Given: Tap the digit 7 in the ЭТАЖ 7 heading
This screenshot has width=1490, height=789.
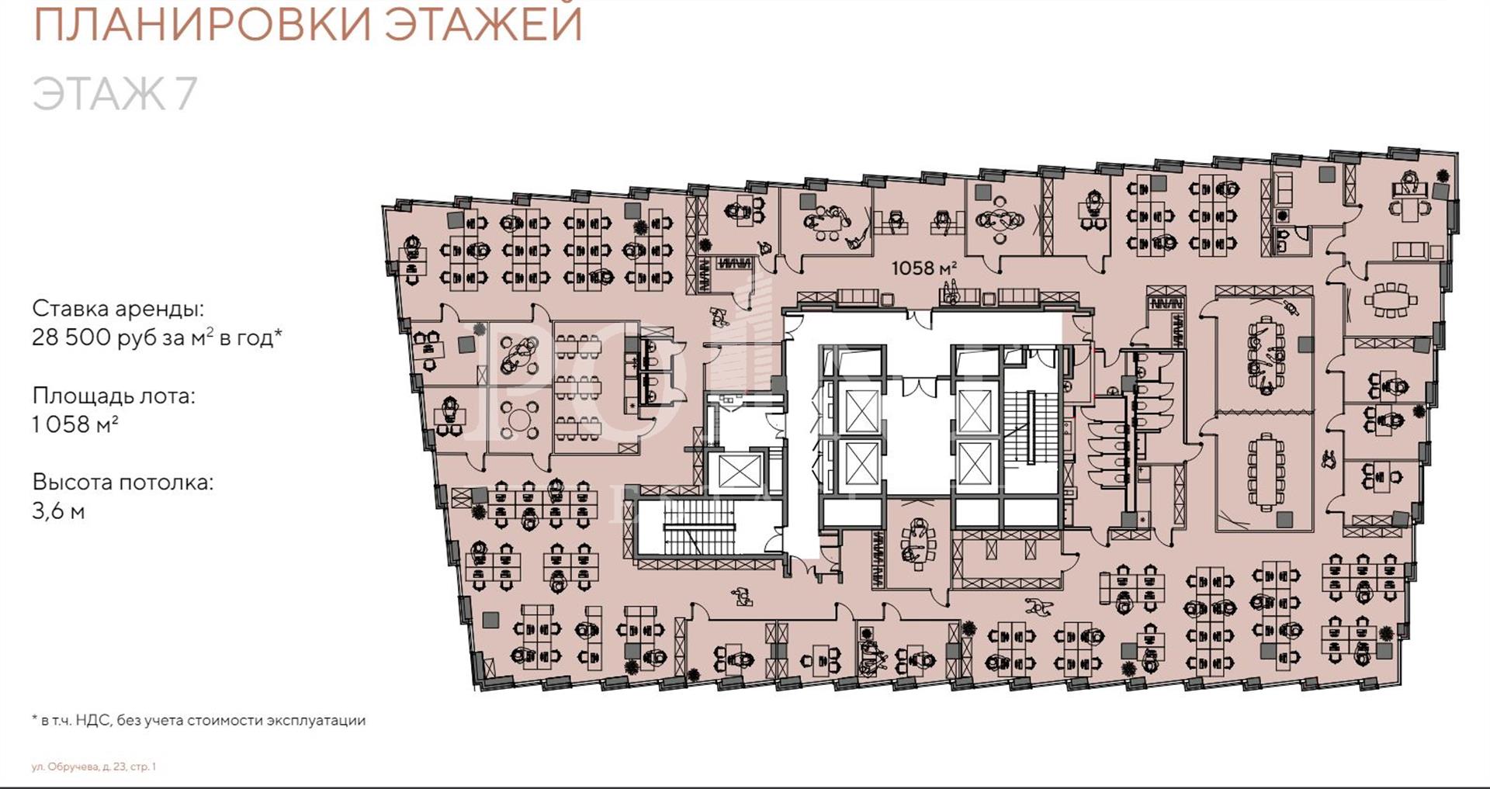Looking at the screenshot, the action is pos(185,93).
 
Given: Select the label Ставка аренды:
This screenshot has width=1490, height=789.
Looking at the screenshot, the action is pos(118,309).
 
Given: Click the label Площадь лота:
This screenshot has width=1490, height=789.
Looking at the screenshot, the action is pos(113,396).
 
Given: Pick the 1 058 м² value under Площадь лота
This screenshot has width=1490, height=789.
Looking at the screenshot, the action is pos(75,424).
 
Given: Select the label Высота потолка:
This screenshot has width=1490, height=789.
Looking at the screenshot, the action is pos(123,483).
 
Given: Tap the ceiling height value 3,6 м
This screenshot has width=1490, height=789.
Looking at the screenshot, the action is pos(58,511).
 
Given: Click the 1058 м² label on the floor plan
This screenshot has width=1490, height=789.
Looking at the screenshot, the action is pos(923,268).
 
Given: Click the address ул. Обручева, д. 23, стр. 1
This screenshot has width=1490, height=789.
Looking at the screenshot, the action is pos(94,767).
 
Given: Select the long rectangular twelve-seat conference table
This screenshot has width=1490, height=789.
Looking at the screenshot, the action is pos(1266,470).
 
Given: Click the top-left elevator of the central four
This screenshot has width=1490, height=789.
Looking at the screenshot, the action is pos(861,410).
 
